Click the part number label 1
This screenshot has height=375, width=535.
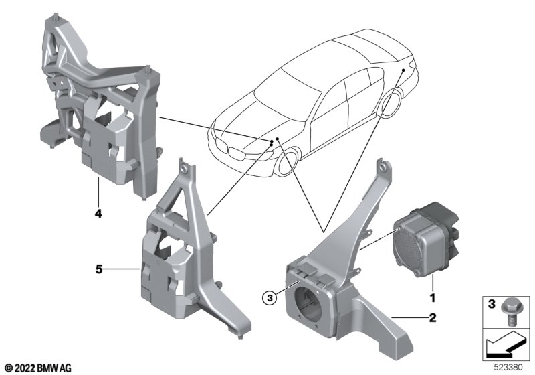tap(431, 297)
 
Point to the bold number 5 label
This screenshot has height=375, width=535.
tap(98, 269)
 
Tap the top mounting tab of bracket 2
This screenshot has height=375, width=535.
tap(381, 165)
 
